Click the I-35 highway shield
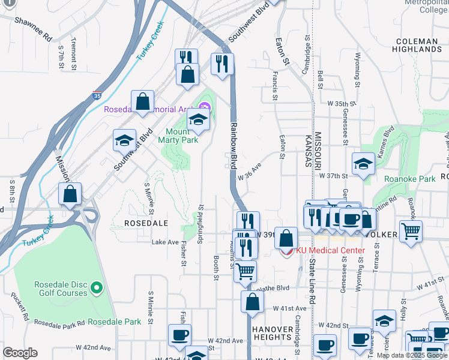tap(97, 95)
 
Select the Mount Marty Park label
tap(178, 136)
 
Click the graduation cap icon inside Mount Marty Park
tap(199, 120)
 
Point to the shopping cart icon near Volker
tap(411, 231)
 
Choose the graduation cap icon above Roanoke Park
tap(363, 164)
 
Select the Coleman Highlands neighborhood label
tap(417, 46)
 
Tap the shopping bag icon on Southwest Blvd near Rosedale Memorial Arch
tap(143, 101)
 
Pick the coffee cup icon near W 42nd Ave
tap(179, 335)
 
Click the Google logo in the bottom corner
tap(19, 353)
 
